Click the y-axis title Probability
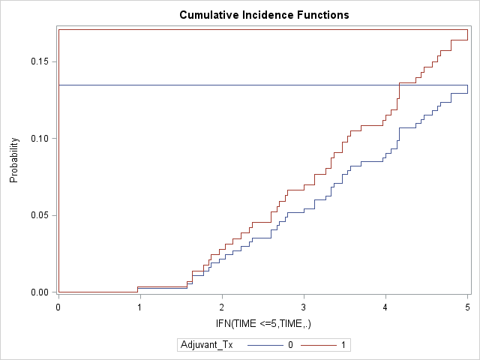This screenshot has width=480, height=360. tap(13, 160)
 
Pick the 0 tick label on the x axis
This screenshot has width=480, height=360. tap(58, 307)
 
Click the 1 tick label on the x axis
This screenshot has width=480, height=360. tap(140, 307)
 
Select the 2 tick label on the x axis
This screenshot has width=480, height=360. tap(222, 307)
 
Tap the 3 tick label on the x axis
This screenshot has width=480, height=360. tap(304, 307)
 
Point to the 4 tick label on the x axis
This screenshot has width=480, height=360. tap(385, 307)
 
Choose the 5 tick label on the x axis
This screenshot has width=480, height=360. tap(467, 307)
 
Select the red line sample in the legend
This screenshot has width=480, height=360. tap(319, 345)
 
